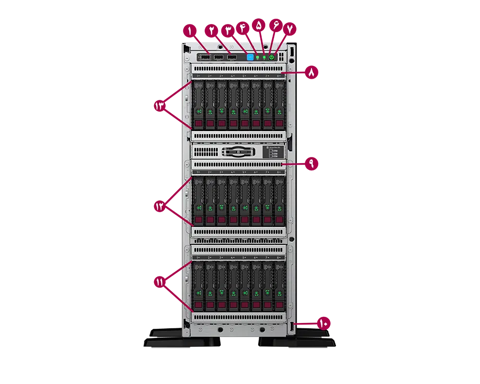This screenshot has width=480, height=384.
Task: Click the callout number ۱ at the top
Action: tap(190, 31)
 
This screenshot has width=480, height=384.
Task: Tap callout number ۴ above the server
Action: tap(242, 28)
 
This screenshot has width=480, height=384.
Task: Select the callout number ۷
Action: tap(289, 29)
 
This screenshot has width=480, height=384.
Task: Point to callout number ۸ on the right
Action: tap(311, 73)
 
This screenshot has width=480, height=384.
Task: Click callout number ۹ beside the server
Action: tap(311, 164)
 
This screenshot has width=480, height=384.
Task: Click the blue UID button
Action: tap(250, 57)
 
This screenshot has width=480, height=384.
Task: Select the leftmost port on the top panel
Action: tap(204, 57)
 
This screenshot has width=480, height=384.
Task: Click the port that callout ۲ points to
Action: tap(218, 57)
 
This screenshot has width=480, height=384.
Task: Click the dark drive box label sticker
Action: tap(273, 152)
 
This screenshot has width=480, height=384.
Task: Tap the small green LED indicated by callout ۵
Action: tap(264, 57)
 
